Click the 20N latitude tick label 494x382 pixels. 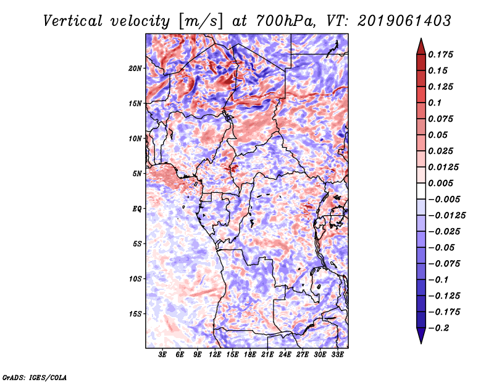[x=135, y=69]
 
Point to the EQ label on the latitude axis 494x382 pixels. [x=136, y=209]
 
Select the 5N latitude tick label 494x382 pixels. [x=136, y=174]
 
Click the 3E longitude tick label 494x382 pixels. [x=162, y=355]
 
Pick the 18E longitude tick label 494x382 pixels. [x=250, y=355]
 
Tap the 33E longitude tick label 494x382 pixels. [x=337, y=355]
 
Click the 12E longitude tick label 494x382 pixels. [x=215, y=355]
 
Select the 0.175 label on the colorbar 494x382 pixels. [x=440, y=54]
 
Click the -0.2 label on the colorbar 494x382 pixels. [x=438, y=328]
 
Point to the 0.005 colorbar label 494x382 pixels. [x=440, y=183]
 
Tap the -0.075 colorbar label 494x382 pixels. [x=444, y=264]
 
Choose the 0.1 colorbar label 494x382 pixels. [x=435, y=103]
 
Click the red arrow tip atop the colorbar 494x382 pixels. [x=421, y=39]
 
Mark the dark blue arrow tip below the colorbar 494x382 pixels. [x=421, y=343]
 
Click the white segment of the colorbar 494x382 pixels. [x=421, y=191]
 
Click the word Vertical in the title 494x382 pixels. [x=73, y=21]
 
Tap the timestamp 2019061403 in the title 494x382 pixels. [x=404, y=21]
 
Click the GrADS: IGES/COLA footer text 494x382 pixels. [x=35, y=378]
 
